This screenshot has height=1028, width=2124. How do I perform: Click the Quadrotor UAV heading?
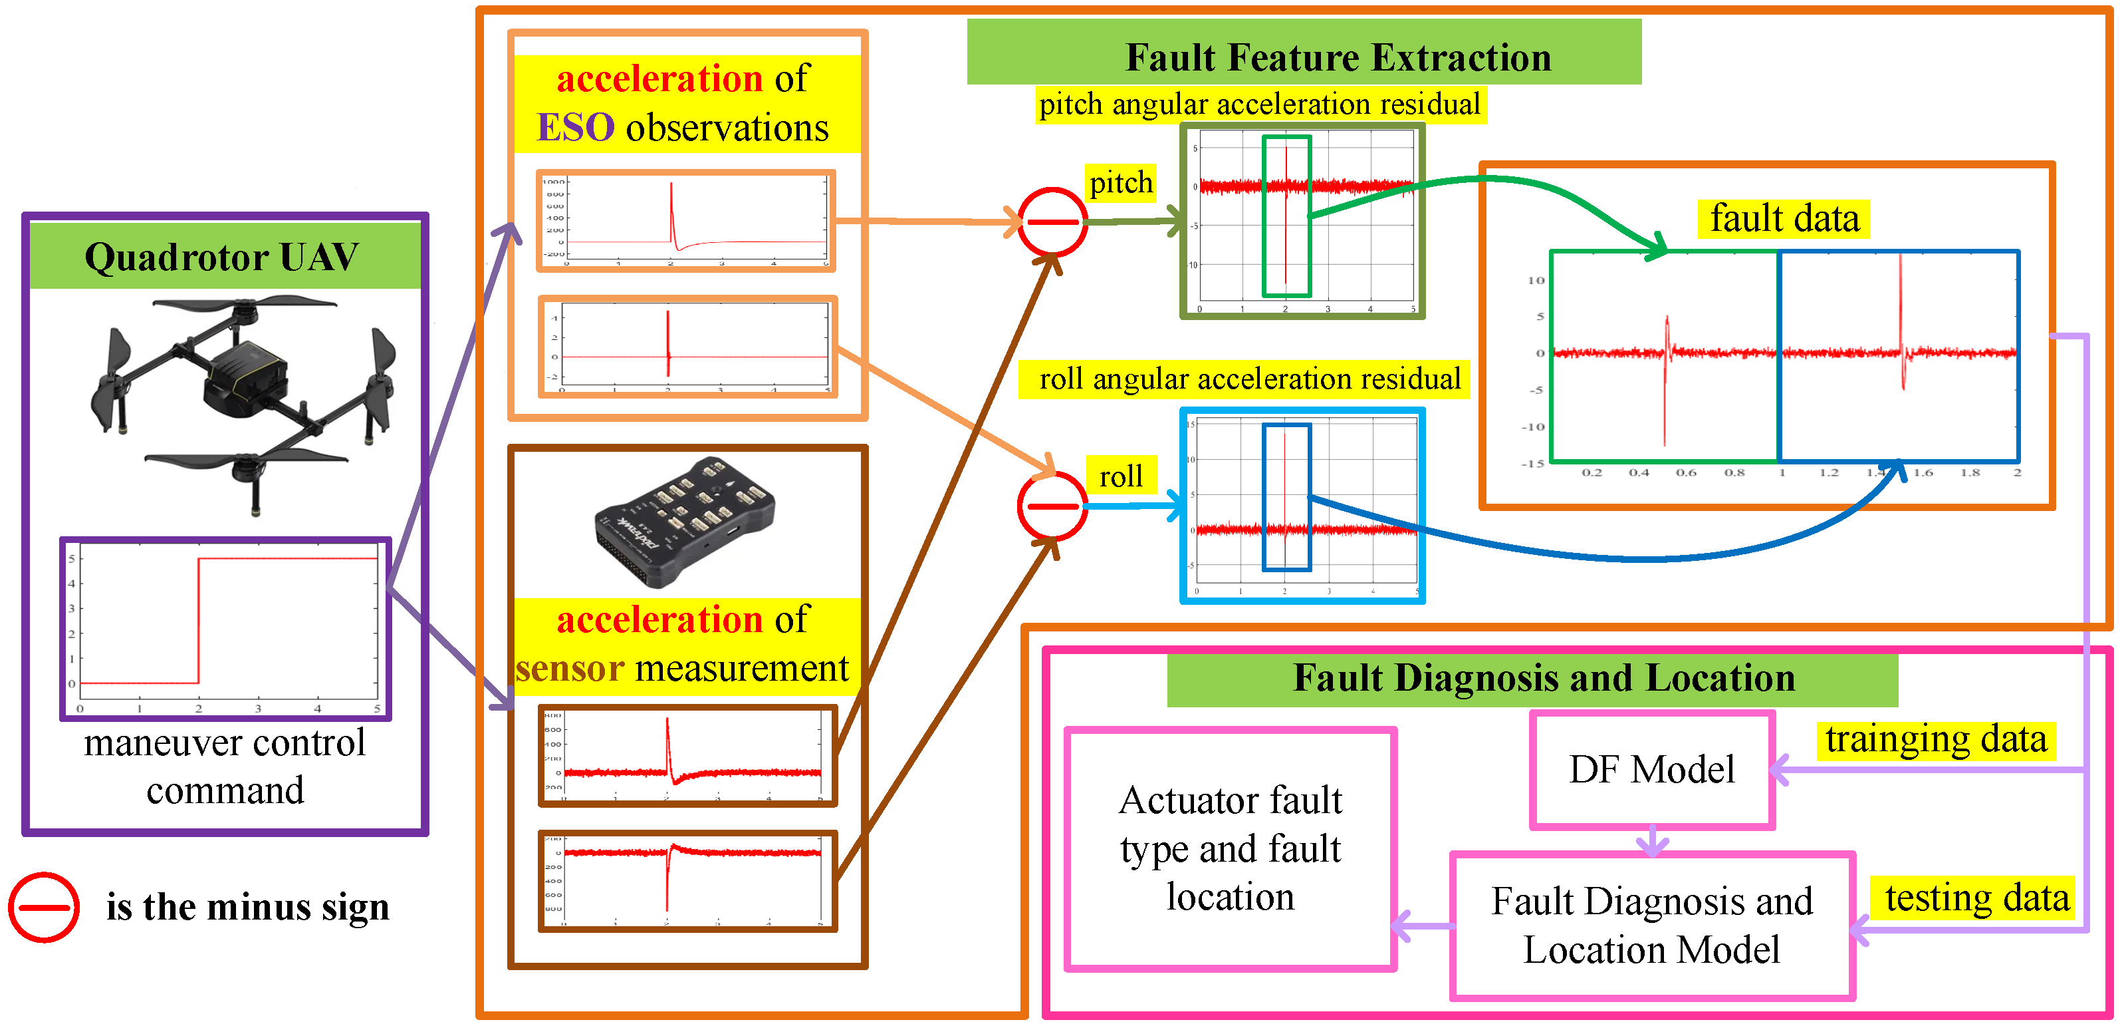point(222,257)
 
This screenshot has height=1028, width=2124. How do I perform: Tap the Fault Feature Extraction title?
point(1338,58)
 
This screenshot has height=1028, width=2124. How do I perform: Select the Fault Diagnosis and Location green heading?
point(1543,678)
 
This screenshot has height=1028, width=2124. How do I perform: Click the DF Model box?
point(1651,770)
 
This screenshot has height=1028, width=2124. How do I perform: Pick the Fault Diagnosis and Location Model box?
point(1651,926)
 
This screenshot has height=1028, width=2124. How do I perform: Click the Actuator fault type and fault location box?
point(1231,848)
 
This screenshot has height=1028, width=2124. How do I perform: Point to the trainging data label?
point(1935,739)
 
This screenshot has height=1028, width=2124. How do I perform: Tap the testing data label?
point(1976,898)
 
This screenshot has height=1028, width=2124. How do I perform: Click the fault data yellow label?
point(1784,220)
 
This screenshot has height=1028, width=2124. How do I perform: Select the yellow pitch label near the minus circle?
point(1121,182)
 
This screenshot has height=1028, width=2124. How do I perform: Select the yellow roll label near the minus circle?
point(1121,476)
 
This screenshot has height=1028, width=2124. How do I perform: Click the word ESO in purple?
point(574,128)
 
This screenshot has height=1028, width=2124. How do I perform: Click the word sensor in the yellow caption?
point(569,668)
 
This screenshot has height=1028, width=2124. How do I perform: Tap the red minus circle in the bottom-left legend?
point(44,907)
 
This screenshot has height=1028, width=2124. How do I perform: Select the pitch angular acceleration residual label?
point(1259,104)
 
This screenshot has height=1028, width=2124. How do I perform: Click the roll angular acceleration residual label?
point(1249,379)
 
